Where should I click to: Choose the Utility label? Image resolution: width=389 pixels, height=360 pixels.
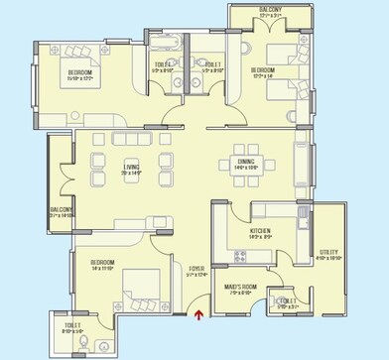329,252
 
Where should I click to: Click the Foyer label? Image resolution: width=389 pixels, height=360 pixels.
195,268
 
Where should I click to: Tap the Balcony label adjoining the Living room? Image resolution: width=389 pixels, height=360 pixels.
62,209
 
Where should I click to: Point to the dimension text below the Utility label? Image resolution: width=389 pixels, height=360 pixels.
329,259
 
